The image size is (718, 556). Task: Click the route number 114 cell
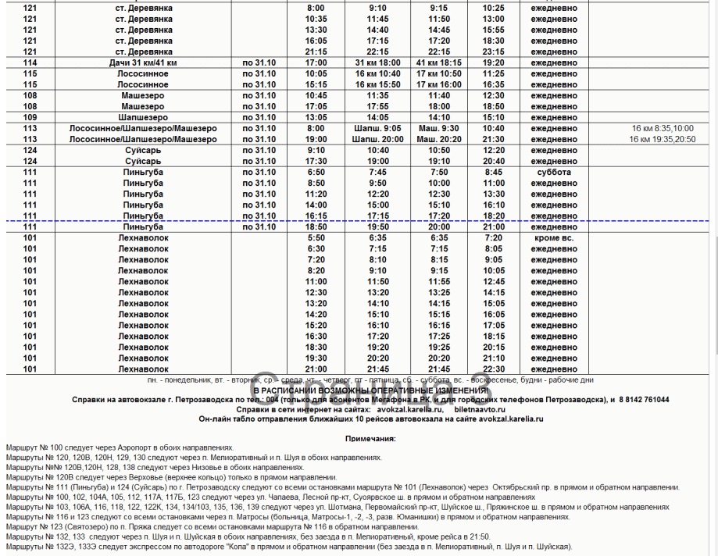tap(30, 62)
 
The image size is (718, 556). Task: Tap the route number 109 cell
tap(30, 117)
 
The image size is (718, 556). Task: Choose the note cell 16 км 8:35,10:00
tap(660, 128)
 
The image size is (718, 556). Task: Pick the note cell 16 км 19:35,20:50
tap(660, 139)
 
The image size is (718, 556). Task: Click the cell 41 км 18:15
tap(439, 62)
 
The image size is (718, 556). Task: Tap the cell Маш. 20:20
tap(439, 139)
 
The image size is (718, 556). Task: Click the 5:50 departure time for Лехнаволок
tap(316, 237)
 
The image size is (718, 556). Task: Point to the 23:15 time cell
tap(494, 52)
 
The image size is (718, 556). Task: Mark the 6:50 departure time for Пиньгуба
tap(316, 172)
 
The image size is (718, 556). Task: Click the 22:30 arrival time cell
tap(494, 369)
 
